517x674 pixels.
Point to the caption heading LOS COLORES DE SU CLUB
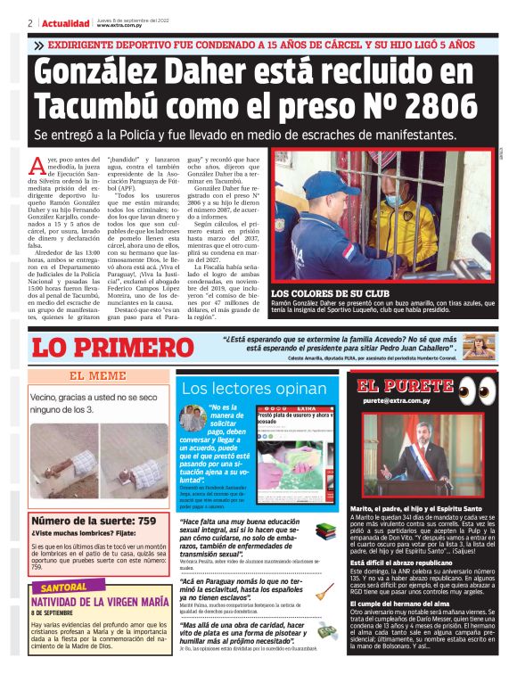[329, 292]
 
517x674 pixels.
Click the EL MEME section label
[97, 375]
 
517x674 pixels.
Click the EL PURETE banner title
[405, 386]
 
